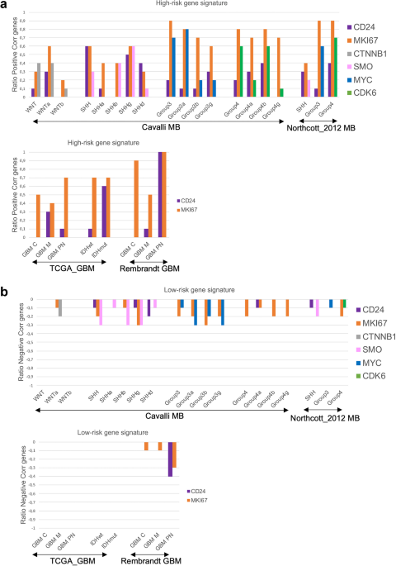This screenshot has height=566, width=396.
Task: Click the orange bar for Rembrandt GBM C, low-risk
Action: (x=146, y=446)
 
